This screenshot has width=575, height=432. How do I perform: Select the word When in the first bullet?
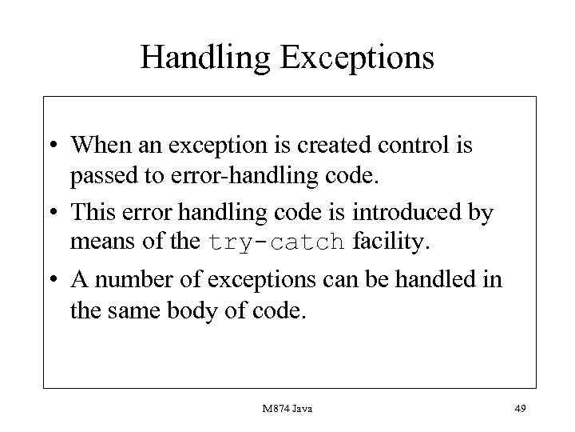tap(98, 147)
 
